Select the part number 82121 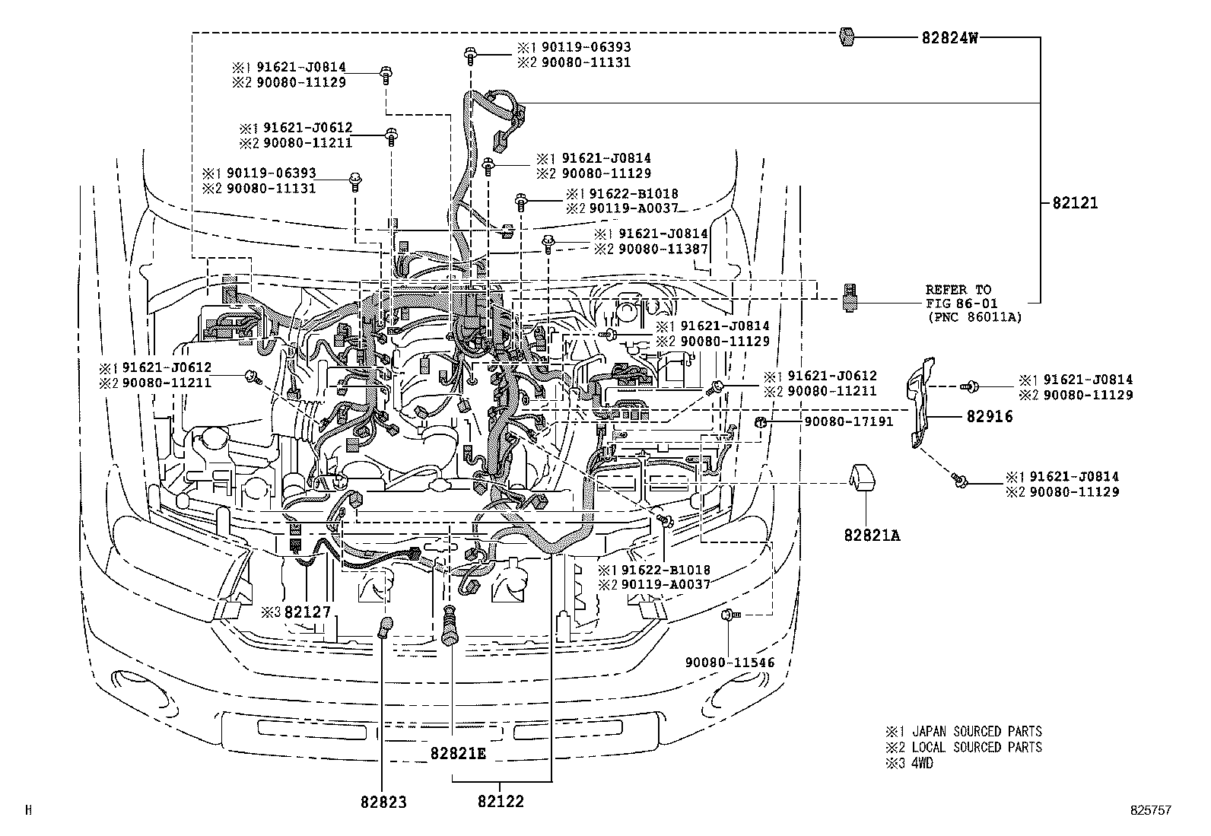[x=1076, y=203]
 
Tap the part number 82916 [x=990, y=417]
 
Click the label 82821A [x=871, y=536]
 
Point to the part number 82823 [x=383, y=802]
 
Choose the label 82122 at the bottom [x=501, y=802]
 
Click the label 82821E [x=457, y=753]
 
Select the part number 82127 [x=307, y=612]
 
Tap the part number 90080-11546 [x=729, y=663]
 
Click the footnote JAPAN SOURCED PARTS [x=977, y=732]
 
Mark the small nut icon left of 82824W [x=845, y=36]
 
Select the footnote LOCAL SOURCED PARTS [x=977, y=748]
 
